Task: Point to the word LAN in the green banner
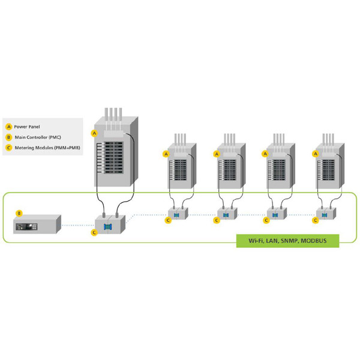pos(271,241)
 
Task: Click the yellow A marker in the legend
pos(8,127)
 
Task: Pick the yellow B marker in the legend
pos(8,137)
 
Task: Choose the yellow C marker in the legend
pos(8,148)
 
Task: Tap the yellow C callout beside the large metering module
pos(94,232)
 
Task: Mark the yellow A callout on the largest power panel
pos(94,133)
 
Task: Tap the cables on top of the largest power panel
pos(114,117)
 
